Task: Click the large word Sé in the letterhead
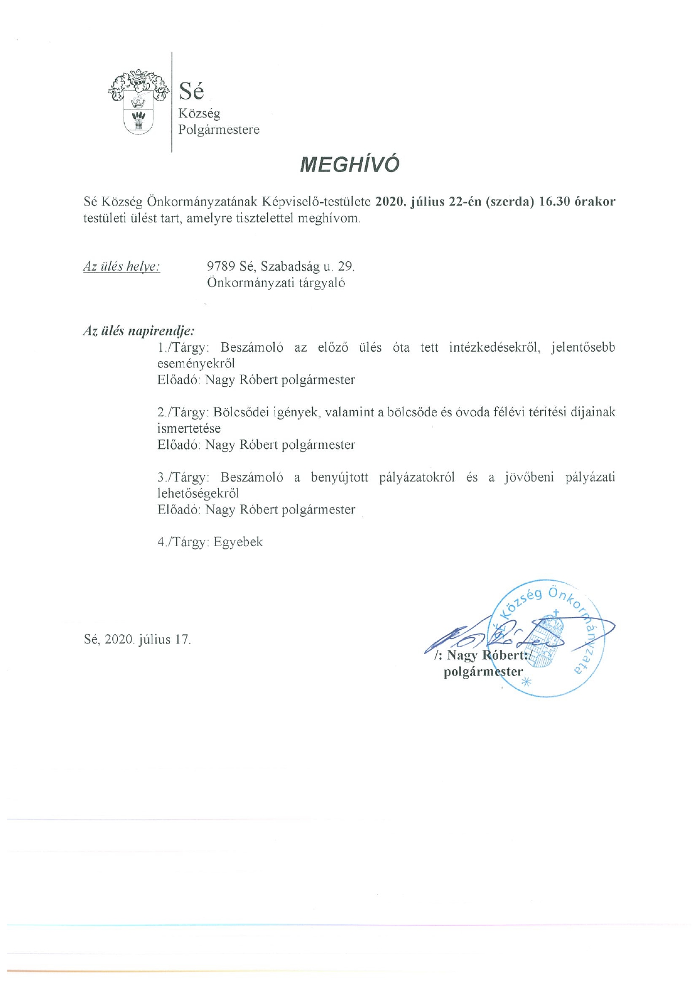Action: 191,90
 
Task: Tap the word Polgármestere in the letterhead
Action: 218,130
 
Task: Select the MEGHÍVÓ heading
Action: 349,164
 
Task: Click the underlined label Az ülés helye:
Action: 121,266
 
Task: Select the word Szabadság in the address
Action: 290,266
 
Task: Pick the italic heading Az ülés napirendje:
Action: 139,330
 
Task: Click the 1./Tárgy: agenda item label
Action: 183,347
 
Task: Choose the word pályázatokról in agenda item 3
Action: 417,478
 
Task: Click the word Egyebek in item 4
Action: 238,542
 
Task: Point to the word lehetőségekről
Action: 198,494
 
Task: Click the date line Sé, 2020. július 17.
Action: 137,639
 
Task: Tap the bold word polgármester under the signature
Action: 483,671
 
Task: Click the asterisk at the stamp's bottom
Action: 526,683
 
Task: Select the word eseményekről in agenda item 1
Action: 196,363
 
